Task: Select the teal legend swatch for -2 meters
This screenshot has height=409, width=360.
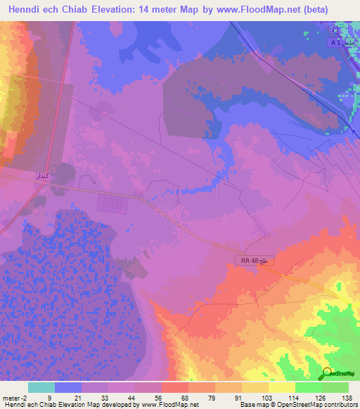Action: [41, 387]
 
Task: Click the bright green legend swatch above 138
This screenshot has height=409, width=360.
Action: [335, 387]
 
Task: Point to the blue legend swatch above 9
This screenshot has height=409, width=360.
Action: [68, 387]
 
